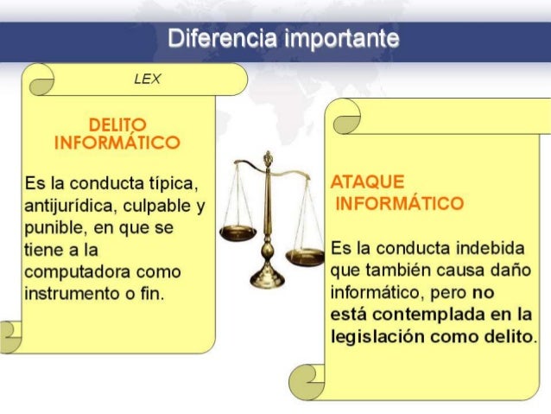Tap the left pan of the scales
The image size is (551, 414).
(x=237, y=232)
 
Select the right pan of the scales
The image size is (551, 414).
(x=305, y=256)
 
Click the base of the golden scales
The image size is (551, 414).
(x=267, y=278)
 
